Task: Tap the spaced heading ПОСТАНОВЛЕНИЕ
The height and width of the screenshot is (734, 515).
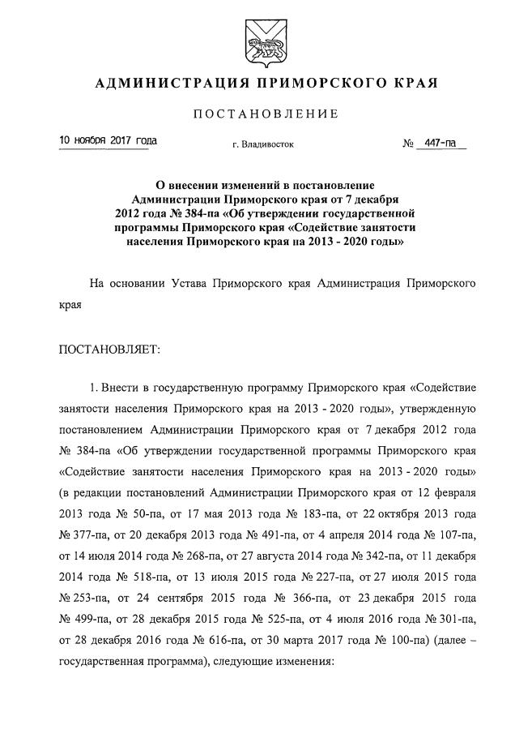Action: [x=264, y=114]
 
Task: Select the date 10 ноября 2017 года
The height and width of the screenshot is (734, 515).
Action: [x=109, y=141]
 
